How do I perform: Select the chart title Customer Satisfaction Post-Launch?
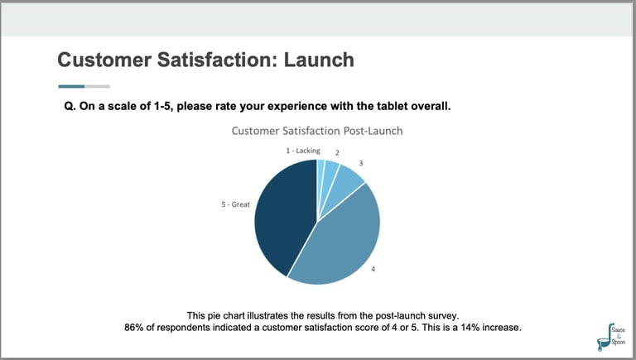(316, 131)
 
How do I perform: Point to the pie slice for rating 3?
(350, 178)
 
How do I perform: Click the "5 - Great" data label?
(235, 203)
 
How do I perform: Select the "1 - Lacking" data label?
(303, 151)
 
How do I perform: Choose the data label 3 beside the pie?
(361, 164)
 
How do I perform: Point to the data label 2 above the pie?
(337, 152)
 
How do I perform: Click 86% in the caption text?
(134, 329)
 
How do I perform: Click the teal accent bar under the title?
(71, 86)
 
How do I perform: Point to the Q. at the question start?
(70, 106)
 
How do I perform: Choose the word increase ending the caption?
(503, 329)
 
